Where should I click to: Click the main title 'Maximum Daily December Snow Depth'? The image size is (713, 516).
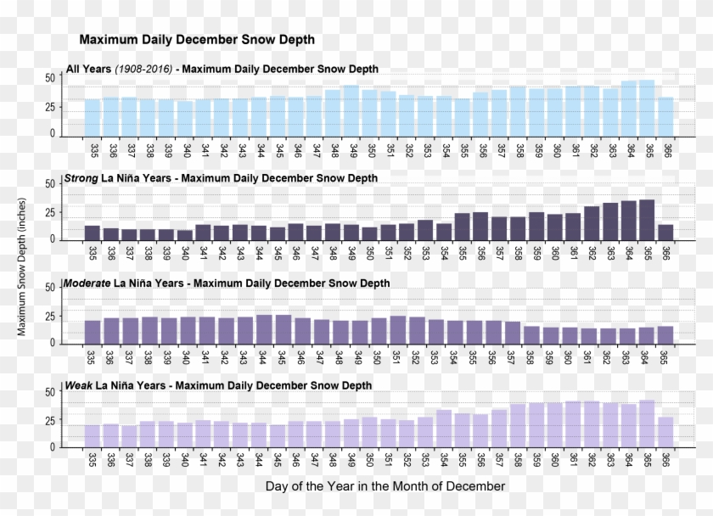click(x=197, y=40)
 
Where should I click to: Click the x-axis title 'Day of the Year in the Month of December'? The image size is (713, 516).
click(x=385, y=486)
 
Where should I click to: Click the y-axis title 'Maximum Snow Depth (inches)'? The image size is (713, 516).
click(x=22, y=266)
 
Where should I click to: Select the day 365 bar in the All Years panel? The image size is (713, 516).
click(x=647, y=108)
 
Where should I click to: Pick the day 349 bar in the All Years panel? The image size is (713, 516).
click(x=351, y=110)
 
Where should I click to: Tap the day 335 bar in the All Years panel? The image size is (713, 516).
click(x=93, y=117)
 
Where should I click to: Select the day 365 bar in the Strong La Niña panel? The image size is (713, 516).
click(x=647, y=220)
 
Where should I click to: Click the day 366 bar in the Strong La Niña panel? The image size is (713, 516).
click(x=665, y=232)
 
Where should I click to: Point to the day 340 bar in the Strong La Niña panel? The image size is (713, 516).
click(x=185, y=235)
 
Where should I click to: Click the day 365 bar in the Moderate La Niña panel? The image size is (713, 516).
click(x=665, y=335)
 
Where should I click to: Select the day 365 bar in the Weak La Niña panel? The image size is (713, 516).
click(x=647, y=423)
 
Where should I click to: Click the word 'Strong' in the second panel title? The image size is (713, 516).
click(x=81, y=179)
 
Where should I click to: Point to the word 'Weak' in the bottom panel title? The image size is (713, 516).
click(x=79, y=386)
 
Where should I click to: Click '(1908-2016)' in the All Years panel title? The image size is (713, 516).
click(x=143, y=69)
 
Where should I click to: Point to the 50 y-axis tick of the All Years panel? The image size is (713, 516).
click(x=50, y=77)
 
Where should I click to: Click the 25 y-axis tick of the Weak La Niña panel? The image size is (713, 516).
click(x=50, y=421)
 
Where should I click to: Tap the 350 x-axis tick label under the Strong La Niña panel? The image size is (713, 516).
click(x=370, y=253)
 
